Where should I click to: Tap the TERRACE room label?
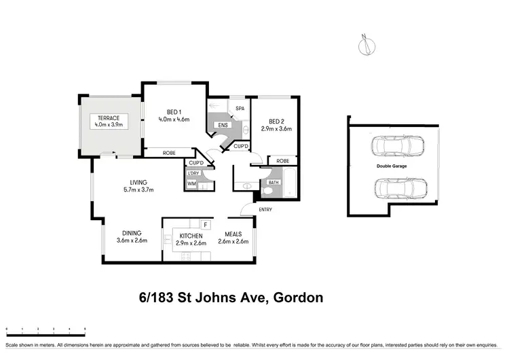(109, 118)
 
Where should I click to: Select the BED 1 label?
(173, 112)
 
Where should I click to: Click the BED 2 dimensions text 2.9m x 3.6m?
(276, 128)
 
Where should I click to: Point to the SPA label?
(240, 109)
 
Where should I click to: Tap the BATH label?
(274, 183)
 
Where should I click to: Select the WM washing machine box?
(192, 184)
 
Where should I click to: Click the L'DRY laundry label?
(193, 173)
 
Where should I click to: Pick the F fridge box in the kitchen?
(204, 223)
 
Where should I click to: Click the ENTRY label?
(265, 209)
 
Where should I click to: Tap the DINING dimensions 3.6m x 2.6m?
(132, 241)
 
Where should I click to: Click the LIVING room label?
(139, 182)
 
